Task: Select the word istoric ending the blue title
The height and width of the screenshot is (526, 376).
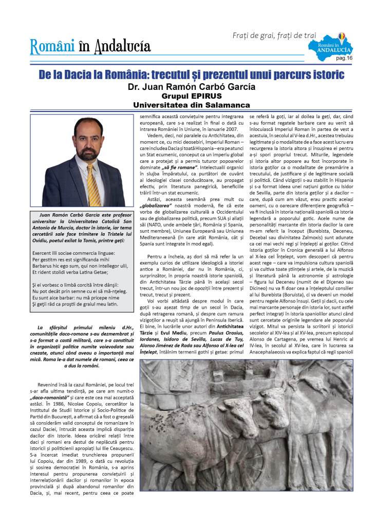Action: pyautogui.click(x=325, y=75)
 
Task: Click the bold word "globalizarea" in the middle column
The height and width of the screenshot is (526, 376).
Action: pyautogui.click(x=158, y=204)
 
